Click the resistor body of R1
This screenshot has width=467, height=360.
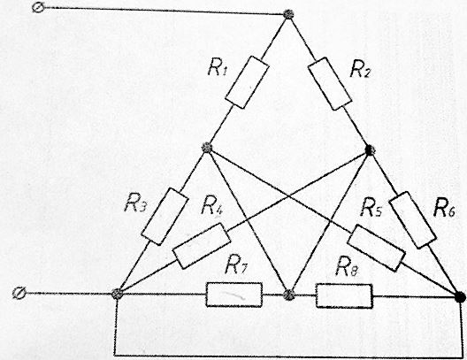pyautogui.click(x=247, y=82)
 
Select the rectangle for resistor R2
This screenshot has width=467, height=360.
pyautogui.click(x=330, y=84)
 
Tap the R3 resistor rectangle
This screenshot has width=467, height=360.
pyautogui.click(x=165, y=217)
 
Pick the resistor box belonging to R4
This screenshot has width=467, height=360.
pyautogui.click(x=202, y=246)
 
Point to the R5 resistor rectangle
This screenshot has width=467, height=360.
pyautogui.click(x=377, y=248)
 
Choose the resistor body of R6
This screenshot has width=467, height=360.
pyautogui.click(x=413, y=220)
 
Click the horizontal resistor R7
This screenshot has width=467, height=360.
pyautogui.click(x=234, y=295)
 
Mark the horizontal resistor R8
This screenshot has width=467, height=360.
pyautogui.click(x=344, y=296)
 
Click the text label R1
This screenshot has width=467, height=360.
pyautogui.click(x=218, y=68)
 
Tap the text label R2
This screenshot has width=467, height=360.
pyautogui.click(x=360, y=70)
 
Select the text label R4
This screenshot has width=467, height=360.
pyautogui.click(x=212, y=206)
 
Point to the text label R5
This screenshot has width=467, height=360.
pyautogui.click(x=371, y=208)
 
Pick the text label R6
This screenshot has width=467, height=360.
pyautogui.click(x=444, y=208)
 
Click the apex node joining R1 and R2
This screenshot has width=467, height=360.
pyautogui.click(x=288, y=14)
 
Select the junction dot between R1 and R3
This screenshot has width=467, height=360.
pyautogui.click(x=207, y=147)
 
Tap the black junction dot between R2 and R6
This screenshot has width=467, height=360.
pyautogui.click(x=370, y=149)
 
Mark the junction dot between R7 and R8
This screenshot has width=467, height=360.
pyautogui.click(x=288, y=295)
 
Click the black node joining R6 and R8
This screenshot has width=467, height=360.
pyautogui.click(x=461, y=297)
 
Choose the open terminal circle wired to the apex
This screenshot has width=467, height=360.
pyautogui.click(x=38, y=7)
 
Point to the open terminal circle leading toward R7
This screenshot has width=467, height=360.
pyautogui.click(x=19, y=294)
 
